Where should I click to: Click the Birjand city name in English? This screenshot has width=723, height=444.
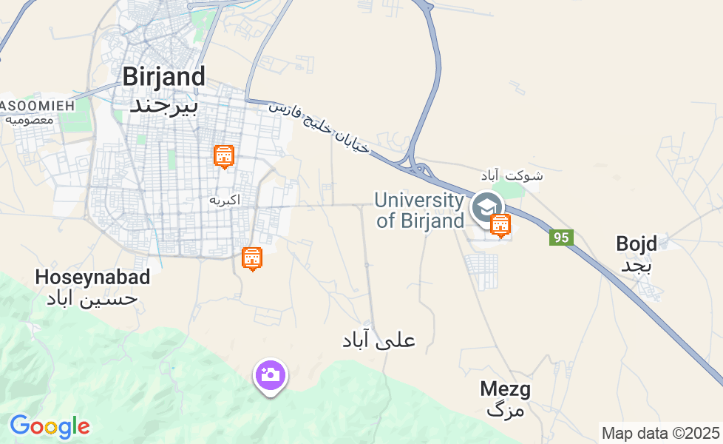coord(163,77)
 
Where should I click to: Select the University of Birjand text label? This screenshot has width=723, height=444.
coord(419,210)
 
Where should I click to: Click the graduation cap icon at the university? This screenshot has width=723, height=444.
coord(486,207)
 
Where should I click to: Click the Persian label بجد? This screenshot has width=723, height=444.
coord(636,266)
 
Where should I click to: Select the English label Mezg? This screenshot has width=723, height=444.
coord(505,388)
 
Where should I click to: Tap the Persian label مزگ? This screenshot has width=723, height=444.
coord(506,410)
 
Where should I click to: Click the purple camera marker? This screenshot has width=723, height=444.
coord(271,375)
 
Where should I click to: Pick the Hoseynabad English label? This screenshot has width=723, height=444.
coord(93,277)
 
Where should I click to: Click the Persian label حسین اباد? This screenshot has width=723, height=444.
coord(92,299)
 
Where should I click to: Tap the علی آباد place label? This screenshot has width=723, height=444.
coord(379,340)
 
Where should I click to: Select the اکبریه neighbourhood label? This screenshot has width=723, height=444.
coord(225,201)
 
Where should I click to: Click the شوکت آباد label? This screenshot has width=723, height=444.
coord(517,175)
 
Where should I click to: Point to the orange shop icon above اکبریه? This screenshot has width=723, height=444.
coord(224,157)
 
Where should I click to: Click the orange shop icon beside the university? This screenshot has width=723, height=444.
coord(501,225)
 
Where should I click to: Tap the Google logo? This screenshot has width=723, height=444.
coord(50,426)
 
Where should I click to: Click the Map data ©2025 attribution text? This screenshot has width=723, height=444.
coord(660,433)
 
